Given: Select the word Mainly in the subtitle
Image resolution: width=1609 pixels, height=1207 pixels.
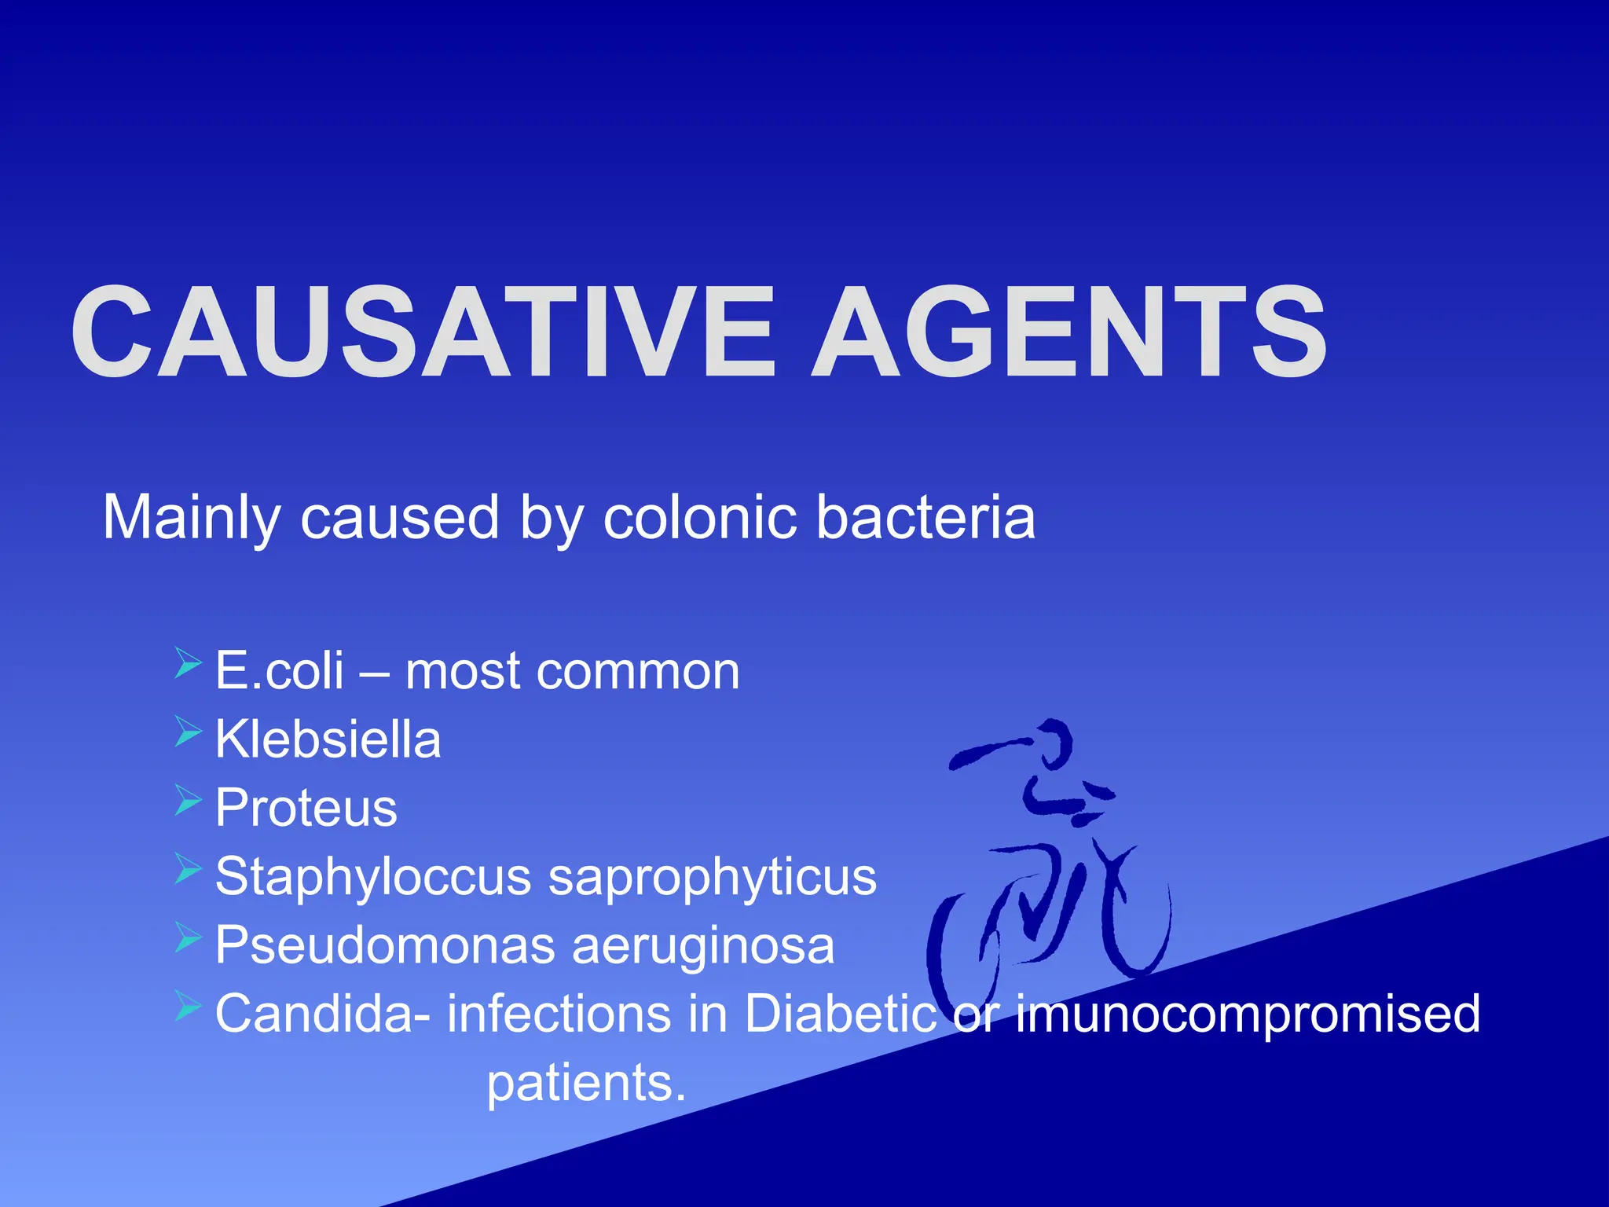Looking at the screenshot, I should click(191, 519).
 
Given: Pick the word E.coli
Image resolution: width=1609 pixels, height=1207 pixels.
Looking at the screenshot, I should click(280, 672).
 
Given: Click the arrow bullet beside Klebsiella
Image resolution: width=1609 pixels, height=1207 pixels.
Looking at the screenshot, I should click(189, 732).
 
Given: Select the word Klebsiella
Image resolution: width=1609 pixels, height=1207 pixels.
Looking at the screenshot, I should click(328, 740).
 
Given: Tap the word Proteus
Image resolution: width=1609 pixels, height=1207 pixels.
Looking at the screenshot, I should click(306, 809).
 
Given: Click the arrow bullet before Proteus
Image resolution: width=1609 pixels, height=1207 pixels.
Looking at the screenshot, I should click(189, 800).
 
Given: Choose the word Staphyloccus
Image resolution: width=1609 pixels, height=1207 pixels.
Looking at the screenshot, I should click(373, 877).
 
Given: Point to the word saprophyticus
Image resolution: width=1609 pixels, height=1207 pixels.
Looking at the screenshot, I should click(712, 877).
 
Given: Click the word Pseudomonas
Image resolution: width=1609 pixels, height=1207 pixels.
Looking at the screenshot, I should click(384, 945).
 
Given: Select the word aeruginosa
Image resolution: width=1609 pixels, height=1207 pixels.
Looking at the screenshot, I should click(702, 945).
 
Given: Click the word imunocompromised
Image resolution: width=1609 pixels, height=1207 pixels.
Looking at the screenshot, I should click(1248, 1014).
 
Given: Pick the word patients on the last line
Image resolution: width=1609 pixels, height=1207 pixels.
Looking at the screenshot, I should click(586, 1084).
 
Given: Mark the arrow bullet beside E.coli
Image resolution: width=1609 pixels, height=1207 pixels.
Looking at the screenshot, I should click(189, 663).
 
